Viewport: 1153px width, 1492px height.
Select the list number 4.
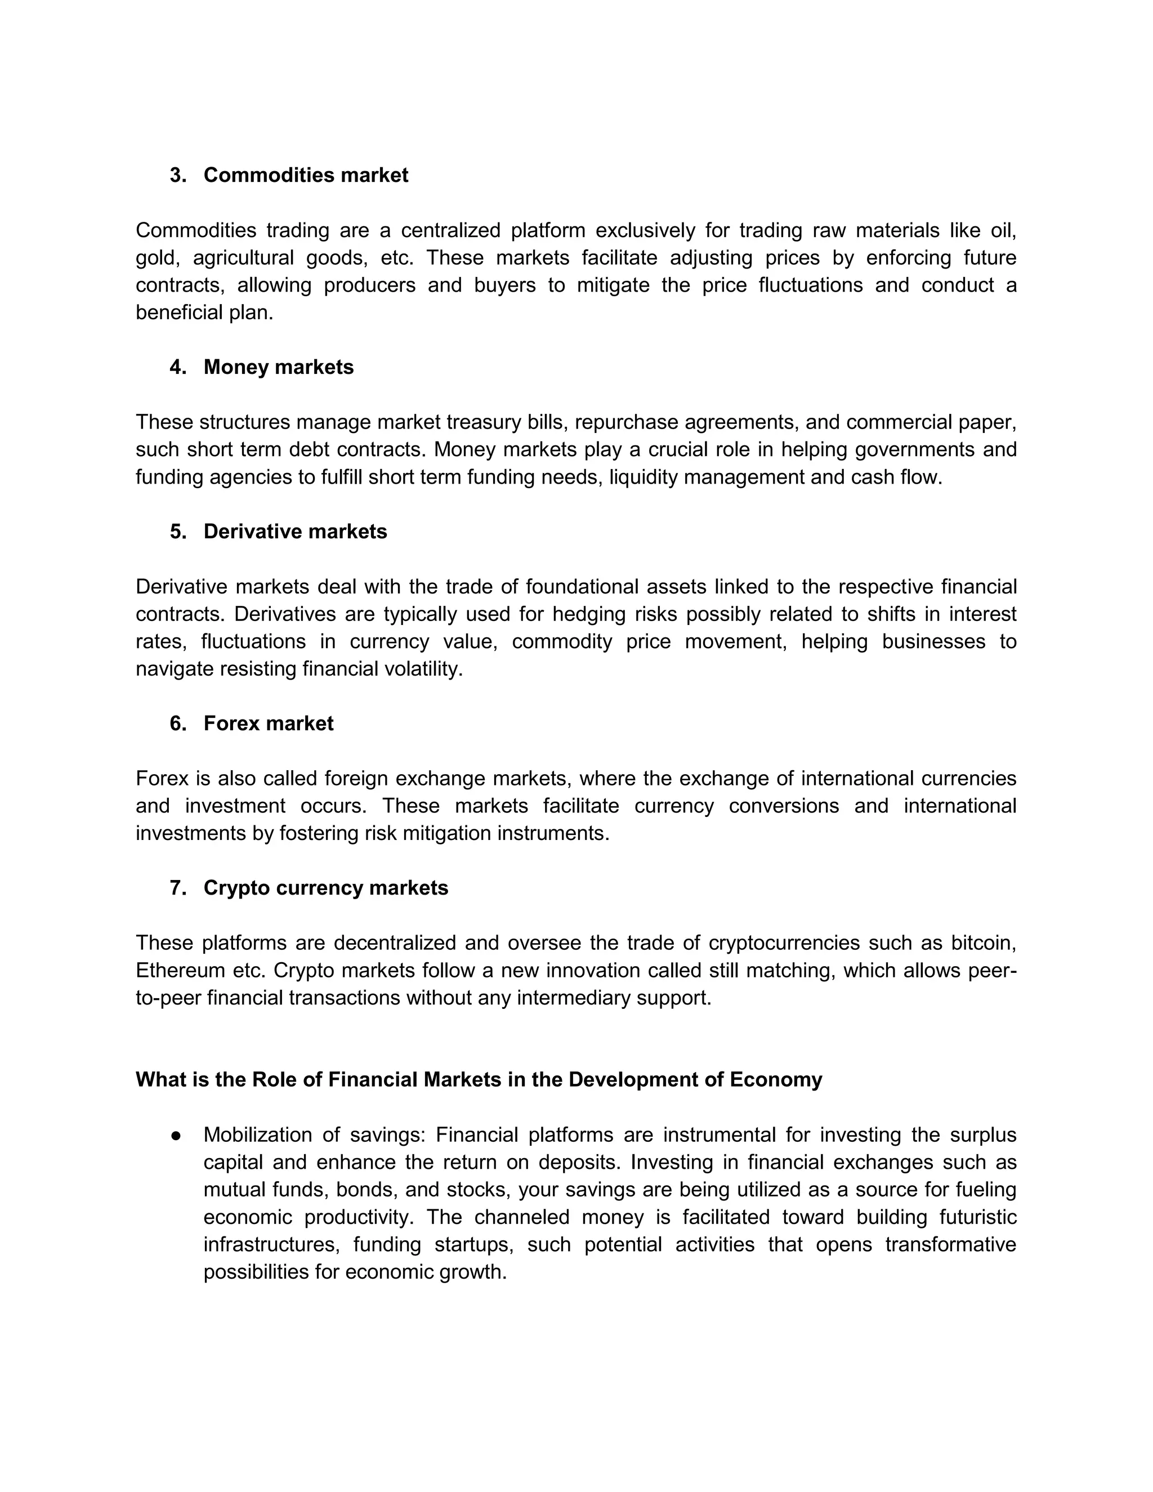pyautogui.click(x=177, y=368)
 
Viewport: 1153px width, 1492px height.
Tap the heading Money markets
pyautogui.click(x=278, y=368)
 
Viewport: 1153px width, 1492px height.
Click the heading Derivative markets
pyautogui.click(x=295, y=531)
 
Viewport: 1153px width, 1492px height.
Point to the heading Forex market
pyautogui.click(x=269, y=723)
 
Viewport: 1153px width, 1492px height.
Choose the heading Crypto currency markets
pyautogui.click(x=326, y=888)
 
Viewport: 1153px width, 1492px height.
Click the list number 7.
pyautogui.click(x=177, y=888)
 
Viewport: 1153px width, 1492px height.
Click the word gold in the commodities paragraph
pyautogui.click(x=155, y=258)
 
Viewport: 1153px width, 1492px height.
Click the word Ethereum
pyautogui.click(x=180, y=971)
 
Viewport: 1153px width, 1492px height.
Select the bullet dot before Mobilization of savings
pyautogui.click(x=176, y=1136)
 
